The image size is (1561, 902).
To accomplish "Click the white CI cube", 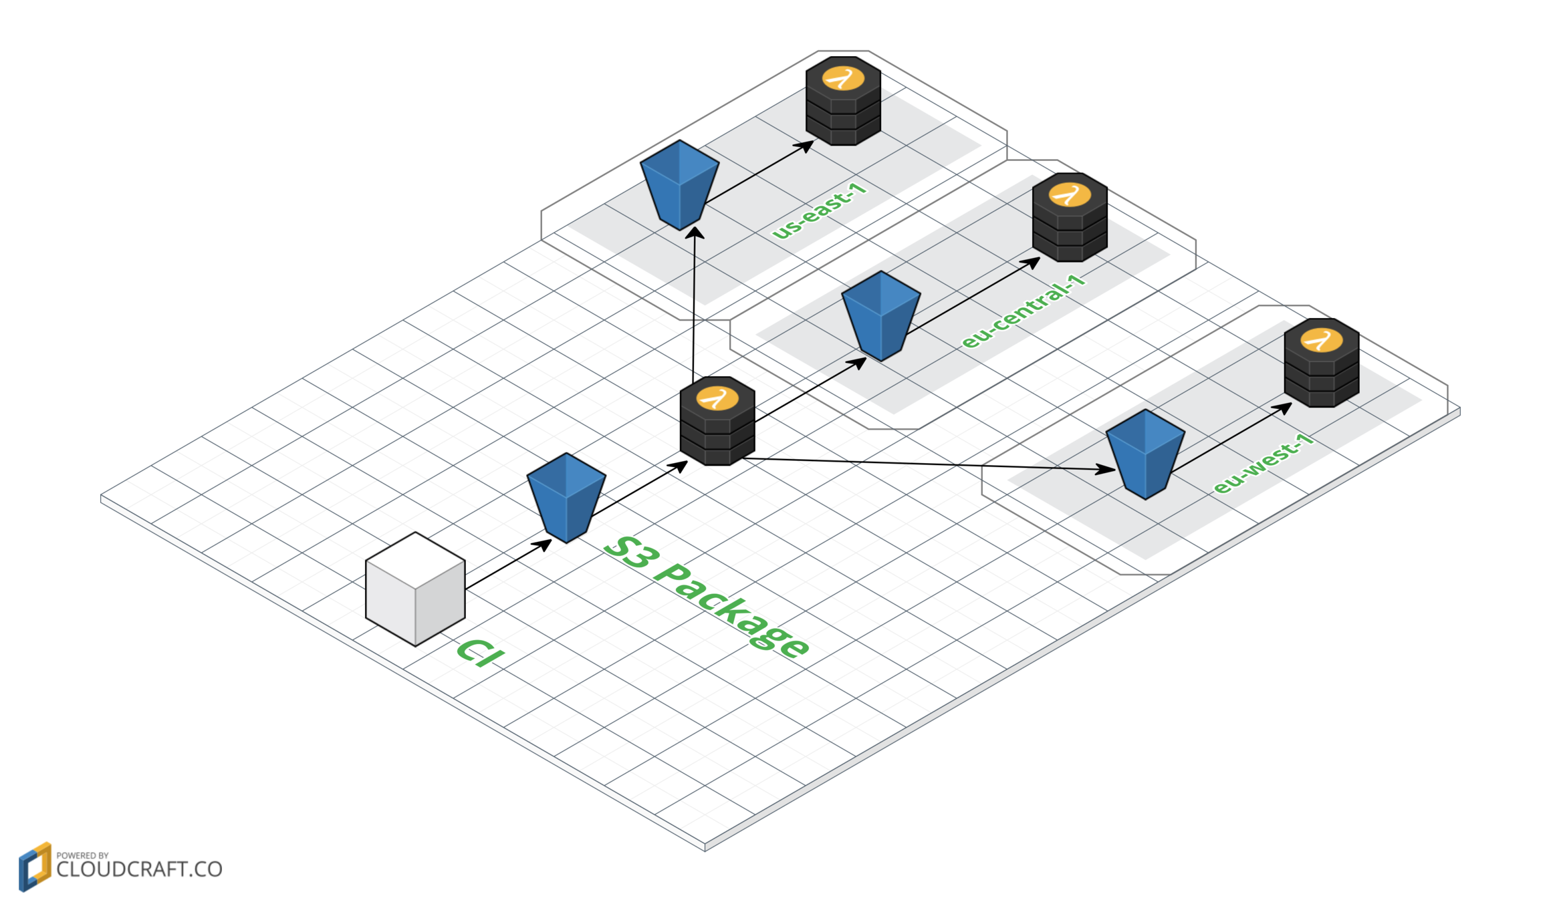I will [x=415, y=589].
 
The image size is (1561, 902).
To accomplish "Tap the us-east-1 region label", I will [x=819, y=211].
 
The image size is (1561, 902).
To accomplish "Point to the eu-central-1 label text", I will [x=1023, y=311].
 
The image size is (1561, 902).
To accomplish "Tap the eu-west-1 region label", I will [x=1263, y=464].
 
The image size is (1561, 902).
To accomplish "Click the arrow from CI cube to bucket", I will [x=508, y=565].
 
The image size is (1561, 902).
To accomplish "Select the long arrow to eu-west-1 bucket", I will [x=929, y=464].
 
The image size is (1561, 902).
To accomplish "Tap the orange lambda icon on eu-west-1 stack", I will [x=1321, y=341].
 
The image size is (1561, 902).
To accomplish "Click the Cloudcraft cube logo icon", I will [x=35, y=867].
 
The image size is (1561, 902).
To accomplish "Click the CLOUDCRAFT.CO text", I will [x=139, y=869].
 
